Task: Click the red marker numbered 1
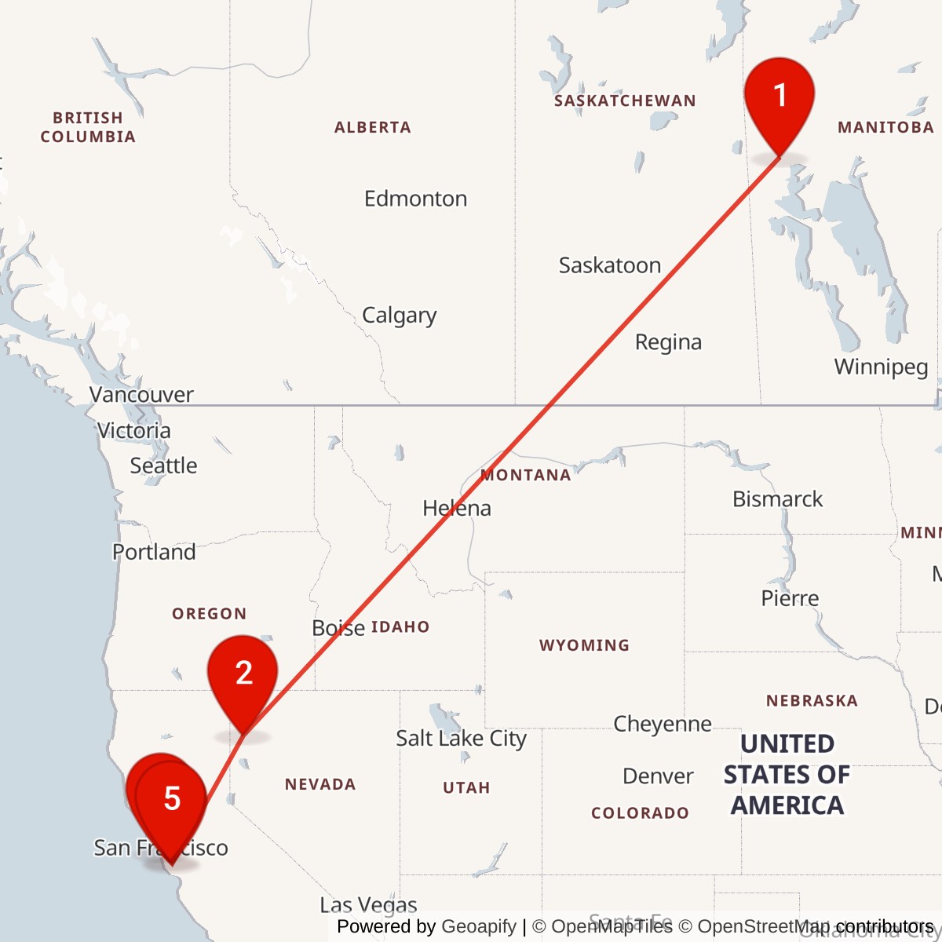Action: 780,98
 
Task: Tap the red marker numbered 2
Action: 243,675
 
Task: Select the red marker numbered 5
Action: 172,801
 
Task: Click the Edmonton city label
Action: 415,199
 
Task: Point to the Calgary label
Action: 399,316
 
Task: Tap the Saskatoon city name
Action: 609,265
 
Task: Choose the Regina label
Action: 668,342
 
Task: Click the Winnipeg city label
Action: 881,367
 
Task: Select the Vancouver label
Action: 141,394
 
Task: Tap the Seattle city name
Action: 163,466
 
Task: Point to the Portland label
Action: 154,552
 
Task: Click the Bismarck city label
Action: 777,499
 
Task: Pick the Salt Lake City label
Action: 461,739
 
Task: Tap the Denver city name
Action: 658,776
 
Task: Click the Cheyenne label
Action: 663,724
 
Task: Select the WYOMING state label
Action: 584,645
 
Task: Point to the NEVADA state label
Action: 320,784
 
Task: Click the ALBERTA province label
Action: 373,127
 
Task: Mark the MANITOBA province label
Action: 885,127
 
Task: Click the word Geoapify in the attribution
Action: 479,927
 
